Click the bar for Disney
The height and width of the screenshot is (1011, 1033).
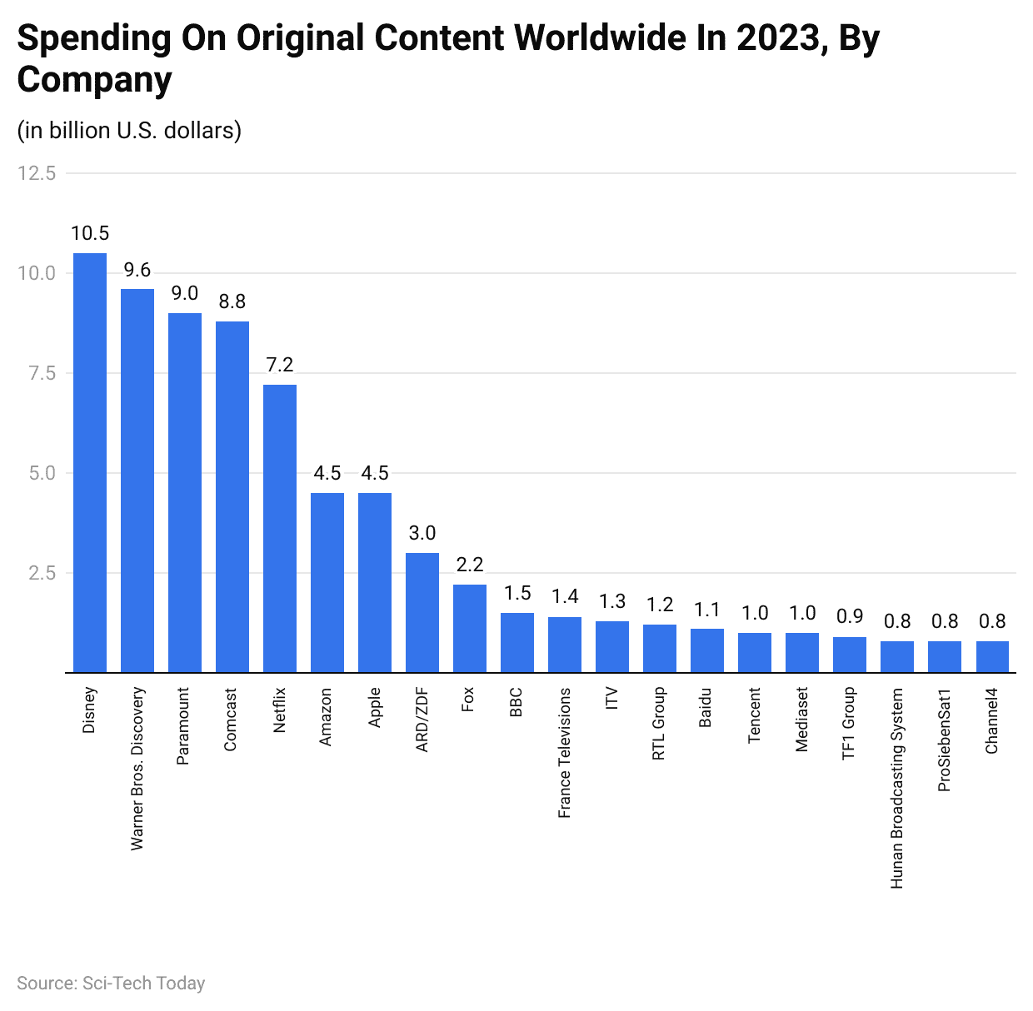click(x=90, y=462)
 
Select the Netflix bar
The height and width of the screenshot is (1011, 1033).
click(x=280, y=528)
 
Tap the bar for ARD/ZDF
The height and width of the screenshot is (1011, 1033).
click(x=422, y=612)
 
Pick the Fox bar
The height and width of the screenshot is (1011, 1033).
click(x=470, y=628)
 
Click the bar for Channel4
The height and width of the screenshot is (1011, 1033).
click(x=992, y=656)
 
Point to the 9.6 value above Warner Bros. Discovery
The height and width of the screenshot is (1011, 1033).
click(x=137, y=270)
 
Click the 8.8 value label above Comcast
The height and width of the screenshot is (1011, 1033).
click(x=232, y=301)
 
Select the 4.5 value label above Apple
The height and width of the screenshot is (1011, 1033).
click(x=375, y=473)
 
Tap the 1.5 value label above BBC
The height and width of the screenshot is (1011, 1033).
click(x=517, y=593)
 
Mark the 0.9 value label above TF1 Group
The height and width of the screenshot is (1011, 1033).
click(x=850, y=616)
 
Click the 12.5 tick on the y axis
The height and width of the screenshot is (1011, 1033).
click(x=37, y=173)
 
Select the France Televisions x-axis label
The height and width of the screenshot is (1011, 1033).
click(x=565, y=753)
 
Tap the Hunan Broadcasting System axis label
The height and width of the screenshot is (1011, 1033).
click(x=897, y=788)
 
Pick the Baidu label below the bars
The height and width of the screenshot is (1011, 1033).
click(x=706, y=707)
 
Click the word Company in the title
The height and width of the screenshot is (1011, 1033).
click(x=94, y=80)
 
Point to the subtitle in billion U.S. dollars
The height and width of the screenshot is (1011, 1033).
click(x=129, y=131)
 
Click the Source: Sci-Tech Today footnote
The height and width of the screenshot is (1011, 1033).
click(x=111, y=984)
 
